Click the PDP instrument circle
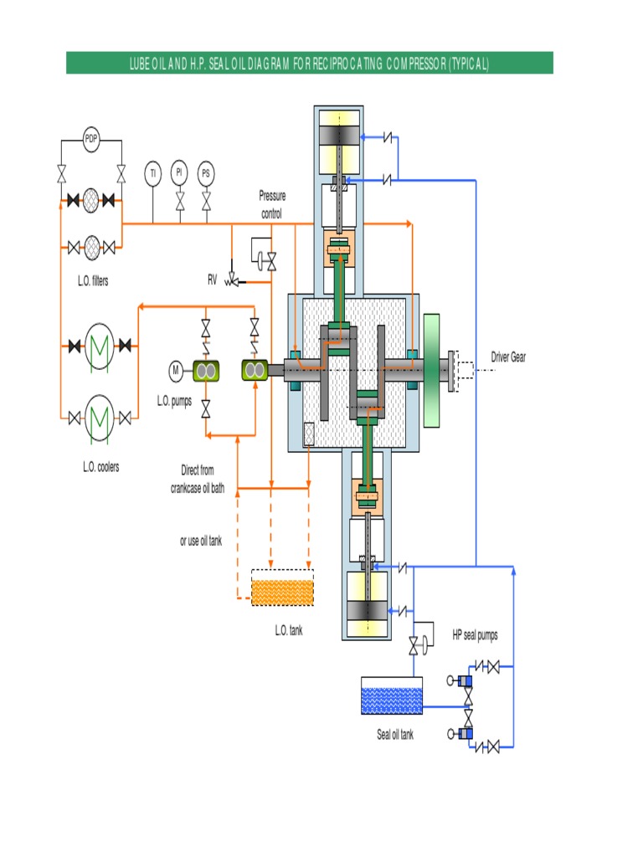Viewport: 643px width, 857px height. click(x=91, y=140)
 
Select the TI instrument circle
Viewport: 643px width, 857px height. click(x=152, y=174)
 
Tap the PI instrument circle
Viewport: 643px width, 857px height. click(x=179, y=173)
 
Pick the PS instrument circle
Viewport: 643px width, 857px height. click(x=206, y=174)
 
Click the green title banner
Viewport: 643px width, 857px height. click(x=309, y=63)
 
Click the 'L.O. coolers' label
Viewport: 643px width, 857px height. click(x=100, y=467)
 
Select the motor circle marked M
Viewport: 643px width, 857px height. click(x=177, y=370)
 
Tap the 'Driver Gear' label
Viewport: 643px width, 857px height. click(x=508, y=357)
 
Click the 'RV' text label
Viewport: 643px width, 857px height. click(x=213, y=280)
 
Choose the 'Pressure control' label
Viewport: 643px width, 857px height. click(x=271, y=205)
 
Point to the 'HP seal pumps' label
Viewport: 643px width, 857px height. click(x=475, y=635)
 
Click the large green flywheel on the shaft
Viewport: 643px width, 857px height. click(x=432, y=370)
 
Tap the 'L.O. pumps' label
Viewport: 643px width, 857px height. click(x=174, y=401)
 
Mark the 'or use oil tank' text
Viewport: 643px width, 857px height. click(x=201, y=541)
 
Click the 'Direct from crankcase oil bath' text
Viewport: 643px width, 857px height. click(x=198, y=479)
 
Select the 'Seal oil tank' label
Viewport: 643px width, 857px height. click(x=394, y=735)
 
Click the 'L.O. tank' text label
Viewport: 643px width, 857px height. click(x=289, y=630)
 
